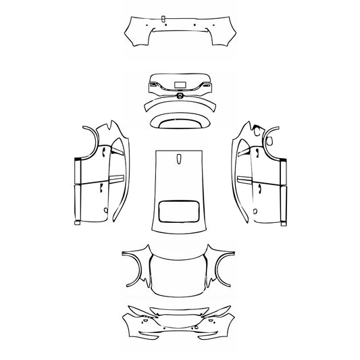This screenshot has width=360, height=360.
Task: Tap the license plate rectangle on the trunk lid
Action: tap(180, 84)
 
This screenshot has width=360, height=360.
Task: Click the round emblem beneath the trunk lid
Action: tap(180, 97)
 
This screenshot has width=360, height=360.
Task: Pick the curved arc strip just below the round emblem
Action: tap(180, 106)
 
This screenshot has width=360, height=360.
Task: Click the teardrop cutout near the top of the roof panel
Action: tap(180, 159)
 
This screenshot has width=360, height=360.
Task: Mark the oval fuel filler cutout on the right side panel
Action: tap(269, 141)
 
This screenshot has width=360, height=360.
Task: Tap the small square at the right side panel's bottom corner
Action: tap(284, 221)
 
